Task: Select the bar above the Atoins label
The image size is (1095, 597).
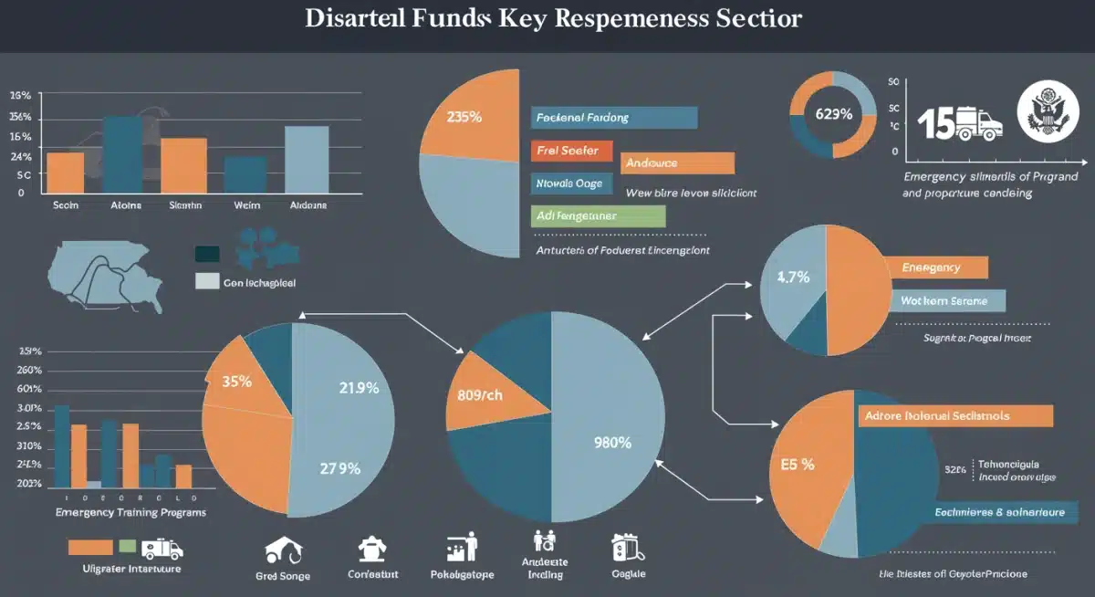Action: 122,154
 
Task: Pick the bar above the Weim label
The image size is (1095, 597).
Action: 245,174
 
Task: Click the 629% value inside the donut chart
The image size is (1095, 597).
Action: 833,114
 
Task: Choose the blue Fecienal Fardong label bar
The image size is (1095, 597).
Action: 613,118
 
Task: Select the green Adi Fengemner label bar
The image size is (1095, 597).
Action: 597,216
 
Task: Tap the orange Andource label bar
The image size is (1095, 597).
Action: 677,163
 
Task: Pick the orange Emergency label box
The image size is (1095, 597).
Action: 936,267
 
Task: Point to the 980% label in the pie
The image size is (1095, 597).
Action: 612,443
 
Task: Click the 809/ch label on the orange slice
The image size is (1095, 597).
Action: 480,396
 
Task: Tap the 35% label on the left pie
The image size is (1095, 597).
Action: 236,382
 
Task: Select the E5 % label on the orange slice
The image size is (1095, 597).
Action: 798,464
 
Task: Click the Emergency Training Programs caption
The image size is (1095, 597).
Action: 130,513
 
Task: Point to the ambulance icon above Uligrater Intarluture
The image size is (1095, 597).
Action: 162,548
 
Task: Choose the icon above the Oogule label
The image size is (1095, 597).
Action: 627,547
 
